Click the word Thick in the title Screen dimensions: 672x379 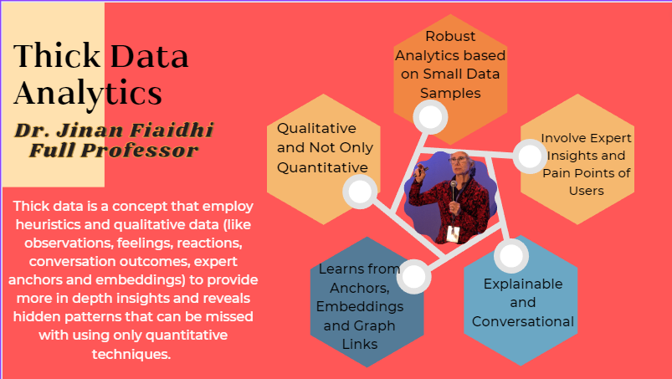[x=57, y=56]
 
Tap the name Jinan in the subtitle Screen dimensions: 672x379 [x=91, y=131]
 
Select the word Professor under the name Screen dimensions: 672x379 [x=139, y=151]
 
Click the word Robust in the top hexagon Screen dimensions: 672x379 [x=450, y=37]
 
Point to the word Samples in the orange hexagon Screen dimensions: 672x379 [x=450, y=93]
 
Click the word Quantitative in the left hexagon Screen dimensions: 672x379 [x=322, y=167]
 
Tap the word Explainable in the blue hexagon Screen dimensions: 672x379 [x=523, y=284]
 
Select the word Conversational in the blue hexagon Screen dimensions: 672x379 [x=523, y=321]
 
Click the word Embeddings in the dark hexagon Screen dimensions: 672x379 [x=360, y=306]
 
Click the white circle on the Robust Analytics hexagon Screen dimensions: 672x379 [x=430, y=117]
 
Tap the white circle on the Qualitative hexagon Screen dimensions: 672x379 [x=360, y=192]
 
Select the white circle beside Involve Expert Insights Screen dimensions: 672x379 [x=530, y=156]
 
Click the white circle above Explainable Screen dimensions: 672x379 [x=511, y=256]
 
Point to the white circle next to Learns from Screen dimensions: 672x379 [x=413, y=277]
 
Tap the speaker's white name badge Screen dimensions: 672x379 [x=453, y=234]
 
